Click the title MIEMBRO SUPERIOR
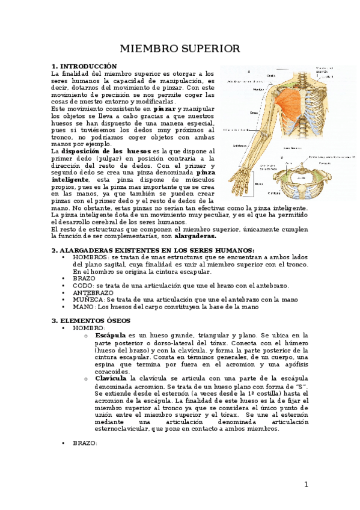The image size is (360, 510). coord(180,48)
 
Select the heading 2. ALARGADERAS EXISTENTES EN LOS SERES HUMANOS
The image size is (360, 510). coord(153,250)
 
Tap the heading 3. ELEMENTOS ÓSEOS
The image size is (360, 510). coord(91,321)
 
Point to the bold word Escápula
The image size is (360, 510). coord(110,335)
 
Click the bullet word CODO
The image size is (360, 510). coord(82,286)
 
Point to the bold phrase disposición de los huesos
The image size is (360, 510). coord(106,151)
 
